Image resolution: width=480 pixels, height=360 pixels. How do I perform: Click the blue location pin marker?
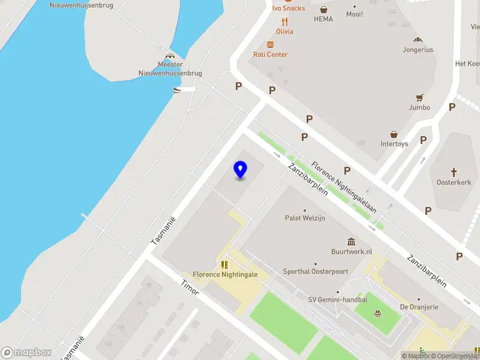click(240, 170)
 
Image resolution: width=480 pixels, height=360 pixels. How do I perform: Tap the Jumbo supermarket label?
click(419, 108)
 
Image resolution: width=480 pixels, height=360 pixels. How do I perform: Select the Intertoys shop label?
click(394, 144)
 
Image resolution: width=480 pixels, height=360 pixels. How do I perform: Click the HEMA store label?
click(323, 19)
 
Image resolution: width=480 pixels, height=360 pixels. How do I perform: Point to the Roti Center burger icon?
click(270, 44)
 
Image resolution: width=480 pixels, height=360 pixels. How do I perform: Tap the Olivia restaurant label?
click(284, 31)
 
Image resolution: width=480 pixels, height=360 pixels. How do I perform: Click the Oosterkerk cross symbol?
click(454, 172)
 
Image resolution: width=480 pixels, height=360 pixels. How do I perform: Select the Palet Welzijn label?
click(305, 218)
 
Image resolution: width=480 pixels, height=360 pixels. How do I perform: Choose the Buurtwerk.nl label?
click(352, 252)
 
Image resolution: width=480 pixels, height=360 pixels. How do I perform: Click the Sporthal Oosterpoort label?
click(315, 271)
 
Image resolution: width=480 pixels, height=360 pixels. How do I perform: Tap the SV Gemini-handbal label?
click(337, 299)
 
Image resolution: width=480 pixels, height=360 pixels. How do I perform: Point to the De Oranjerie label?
click(418, 307)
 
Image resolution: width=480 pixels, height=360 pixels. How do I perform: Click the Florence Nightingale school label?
click(225, 274)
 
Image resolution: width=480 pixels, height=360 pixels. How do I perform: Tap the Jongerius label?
click(418, 50)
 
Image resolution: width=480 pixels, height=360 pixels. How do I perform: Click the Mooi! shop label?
click(355, 14)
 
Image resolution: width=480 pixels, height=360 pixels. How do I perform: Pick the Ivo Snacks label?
click(288, 8)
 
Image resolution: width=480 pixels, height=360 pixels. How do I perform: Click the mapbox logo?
click(26, 353)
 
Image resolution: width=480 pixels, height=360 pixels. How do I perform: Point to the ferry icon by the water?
click(177, 91)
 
